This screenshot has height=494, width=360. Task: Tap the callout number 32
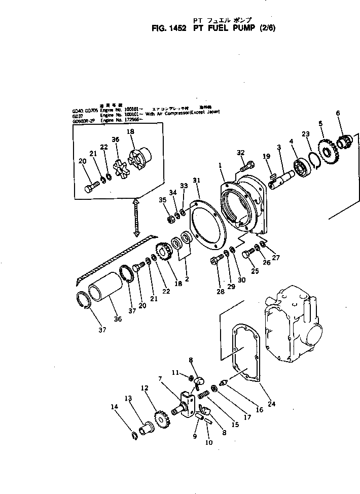click(x=241, y=152)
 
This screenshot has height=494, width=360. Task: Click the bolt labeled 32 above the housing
click(x=246, y=165)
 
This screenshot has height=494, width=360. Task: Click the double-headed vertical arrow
click(x=136, y=217)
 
